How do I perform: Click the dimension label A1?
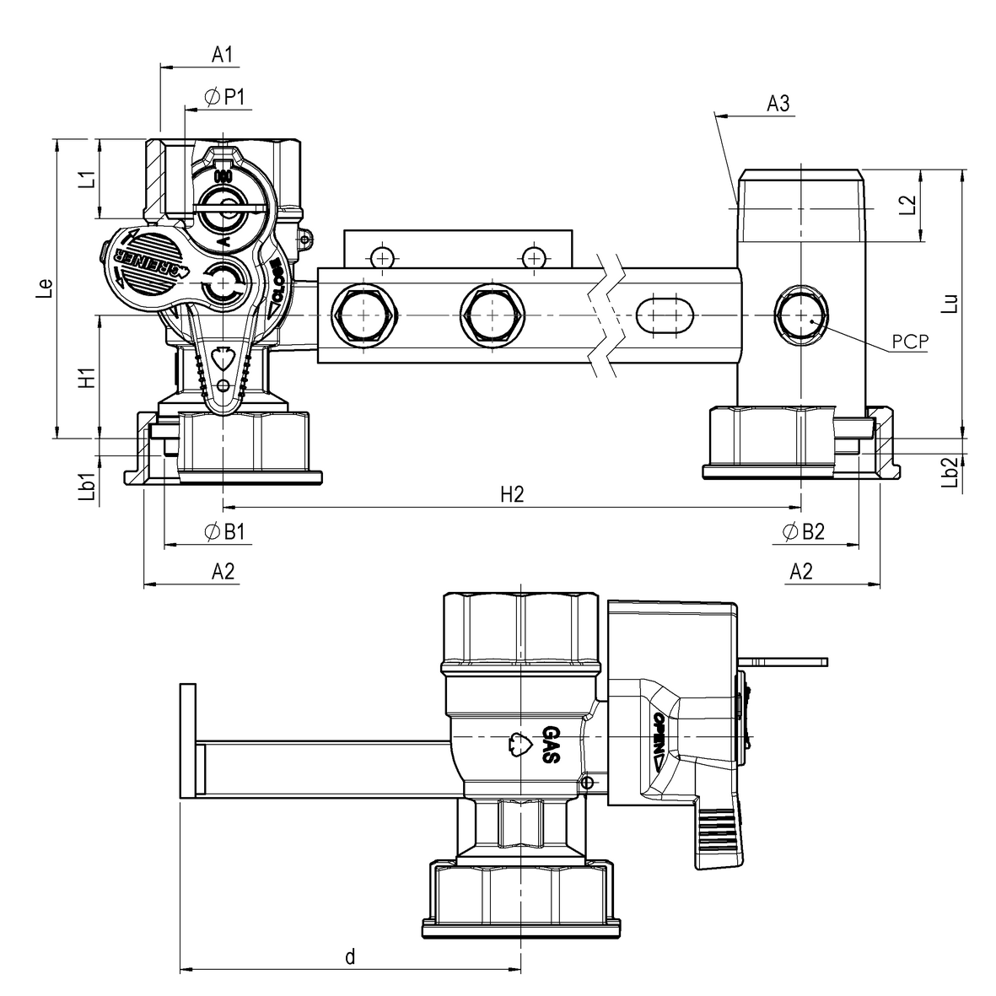[x=221, y=55]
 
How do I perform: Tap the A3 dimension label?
[x=778, y=104]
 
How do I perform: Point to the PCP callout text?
[x=909, y=342]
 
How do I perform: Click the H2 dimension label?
[x=512, y=495]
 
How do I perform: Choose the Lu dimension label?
[x=950, y=304]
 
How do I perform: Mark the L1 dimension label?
[x=85, y=179]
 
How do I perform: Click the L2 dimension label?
[x=907, y=207]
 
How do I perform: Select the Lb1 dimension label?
[x=85, y=483]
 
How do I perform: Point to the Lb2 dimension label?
[x=950, y=473]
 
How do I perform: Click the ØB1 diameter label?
[x=224, y=531]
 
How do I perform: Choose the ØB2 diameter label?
[x=802, y=531]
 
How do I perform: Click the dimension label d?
[x=350, y=956]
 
